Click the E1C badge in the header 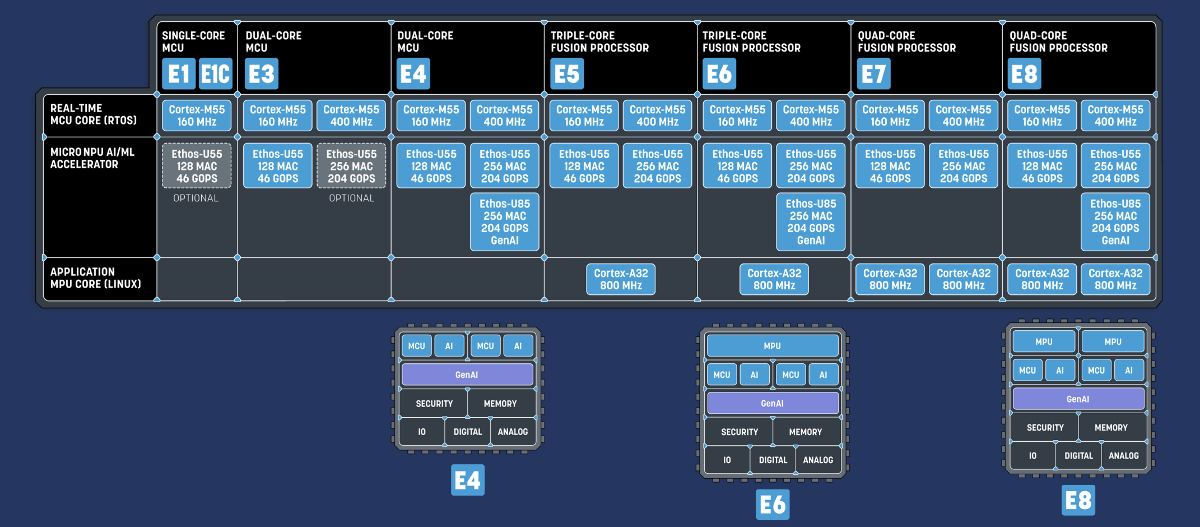[216, 73]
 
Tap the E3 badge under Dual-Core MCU [262, 73]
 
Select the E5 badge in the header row [567, 73]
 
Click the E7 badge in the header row [873, 73]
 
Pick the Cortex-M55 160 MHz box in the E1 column [197, 115]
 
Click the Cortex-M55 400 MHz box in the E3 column [351, 115]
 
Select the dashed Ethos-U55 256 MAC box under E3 [351, 166]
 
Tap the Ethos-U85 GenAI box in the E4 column [504, 222]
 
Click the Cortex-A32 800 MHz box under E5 [621, 279]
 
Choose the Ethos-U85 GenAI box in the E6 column [811, 222]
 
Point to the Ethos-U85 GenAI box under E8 [1115, 222]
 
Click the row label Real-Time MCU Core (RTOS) [94, 114]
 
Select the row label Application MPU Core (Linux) [95, 278]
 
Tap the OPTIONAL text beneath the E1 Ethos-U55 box [196, 198]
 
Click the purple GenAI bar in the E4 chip [467, 375]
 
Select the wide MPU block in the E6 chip [773, 346]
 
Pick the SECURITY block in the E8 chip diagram [1045, 428]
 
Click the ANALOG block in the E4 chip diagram [513, 432]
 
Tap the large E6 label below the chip [773, 505]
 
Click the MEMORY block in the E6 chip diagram [806, 432]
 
